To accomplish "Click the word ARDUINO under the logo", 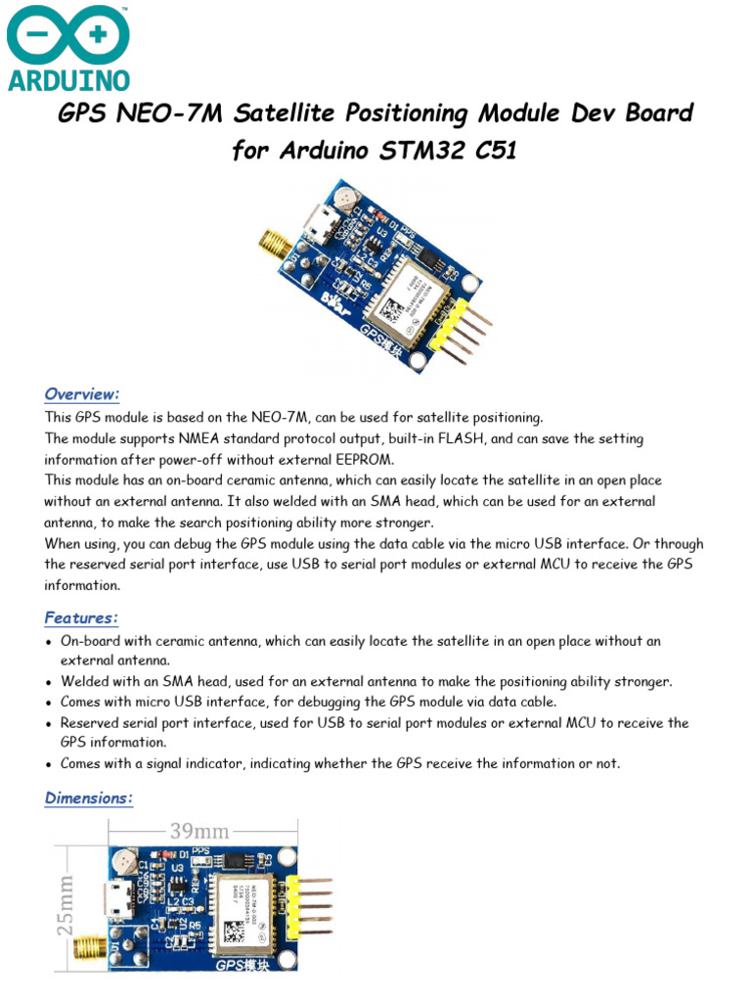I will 68,79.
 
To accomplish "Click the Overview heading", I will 81,393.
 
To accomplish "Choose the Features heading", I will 81,617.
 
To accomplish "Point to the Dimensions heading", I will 89,798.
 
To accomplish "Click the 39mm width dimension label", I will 199,831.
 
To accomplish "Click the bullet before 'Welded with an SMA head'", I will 49,682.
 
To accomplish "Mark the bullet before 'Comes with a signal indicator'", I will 49,764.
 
